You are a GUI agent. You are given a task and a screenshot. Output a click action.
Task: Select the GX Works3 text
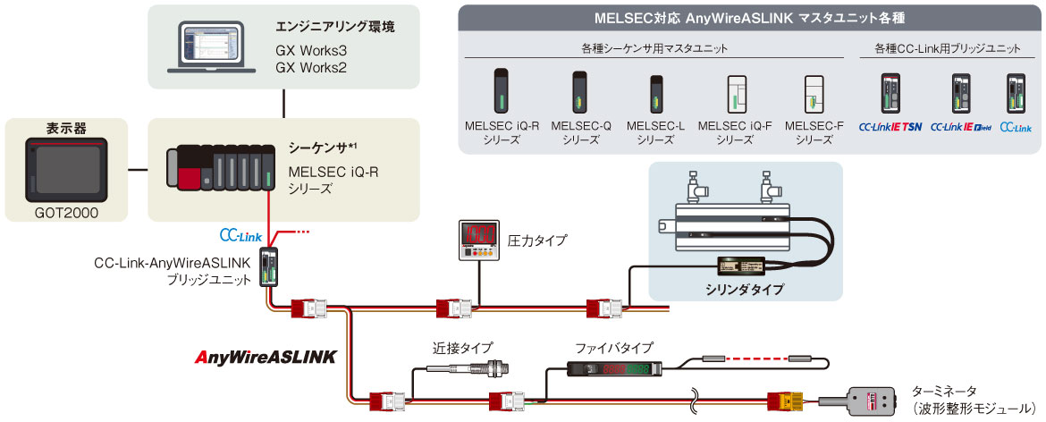[312, 51]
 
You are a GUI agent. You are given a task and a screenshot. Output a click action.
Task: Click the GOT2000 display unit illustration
[65, 167]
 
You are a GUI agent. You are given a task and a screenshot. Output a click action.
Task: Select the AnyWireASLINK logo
[266, 357]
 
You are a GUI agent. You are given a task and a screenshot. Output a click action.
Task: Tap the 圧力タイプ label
[537, 241]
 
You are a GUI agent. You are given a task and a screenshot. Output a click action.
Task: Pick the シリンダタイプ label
[744, 289]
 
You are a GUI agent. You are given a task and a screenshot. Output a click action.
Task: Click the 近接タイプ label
[461, 347]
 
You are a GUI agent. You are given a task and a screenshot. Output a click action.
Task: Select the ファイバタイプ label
[614, 347]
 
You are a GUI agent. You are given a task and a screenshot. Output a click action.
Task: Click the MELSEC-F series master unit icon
[813, 93]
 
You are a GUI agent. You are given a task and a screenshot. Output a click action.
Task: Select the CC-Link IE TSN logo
[890, 127]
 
